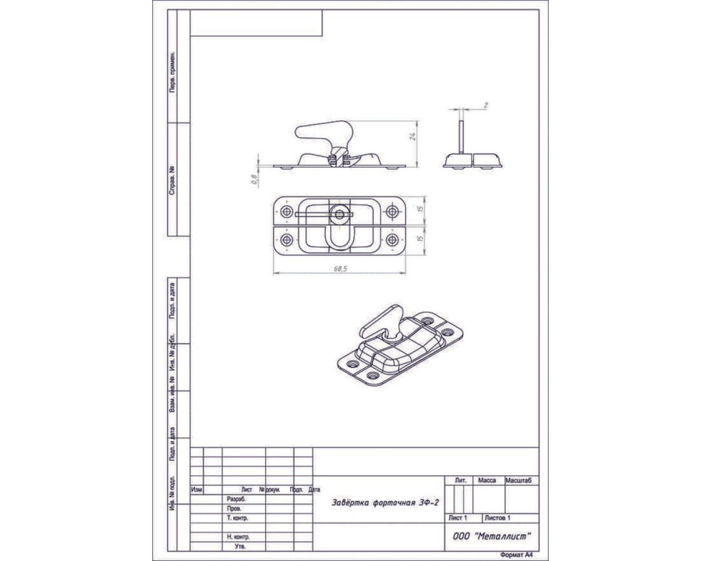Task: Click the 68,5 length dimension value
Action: tap(341, 268)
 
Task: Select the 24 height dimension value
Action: tap(412, 136)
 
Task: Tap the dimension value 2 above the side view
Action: tap(486, 105)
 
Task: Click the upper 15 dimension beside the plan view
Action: tap(421, 209)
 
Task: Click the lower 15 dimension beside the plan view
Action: tap(421, 238)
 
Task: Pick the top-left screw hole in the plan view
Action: tap(286, 211)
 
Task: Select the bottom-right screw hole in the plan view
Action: tap(392, 241)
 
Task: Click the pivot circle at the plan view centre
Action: tap(340, 214)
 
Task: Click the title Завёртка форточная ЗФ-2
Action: tap(385, 502)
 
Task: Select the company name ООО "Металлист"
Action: tap(491, 536)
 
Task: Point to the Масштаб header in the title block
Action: tap(518, 480)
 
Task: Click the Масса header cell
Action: tap(487, 480)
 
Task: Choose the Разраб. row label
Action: tap(237, 499)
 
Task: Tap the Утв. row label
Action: tap(240, 546)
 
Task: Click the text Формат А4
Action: tap(516, 554)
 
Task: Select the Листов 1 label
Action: tap(497, 518)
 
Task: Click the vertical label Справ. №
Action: tap(172, 181)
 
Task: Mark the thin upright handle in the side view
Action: tap(461, 137)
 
